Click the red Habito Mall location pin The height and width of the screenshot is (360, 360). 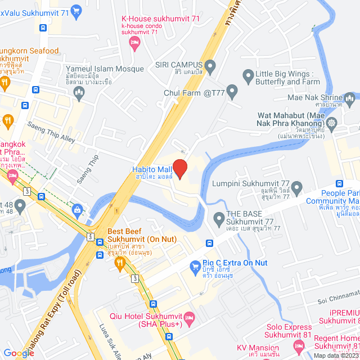pyautogui.click(x=179, y=168)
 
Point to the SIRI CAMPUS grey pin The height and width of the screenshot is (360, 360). pyautogui.click(x=210, y=69)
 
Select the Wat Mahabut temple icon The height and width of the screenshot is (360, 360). pyautogui.click(x=332, y=122)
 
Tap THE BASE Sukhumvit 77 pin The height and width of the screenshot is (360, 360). pyautogui.click(x=219, y=217)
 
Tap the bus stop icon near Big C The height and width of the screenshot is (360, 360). pyautogui.click(x=209, y=244)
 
